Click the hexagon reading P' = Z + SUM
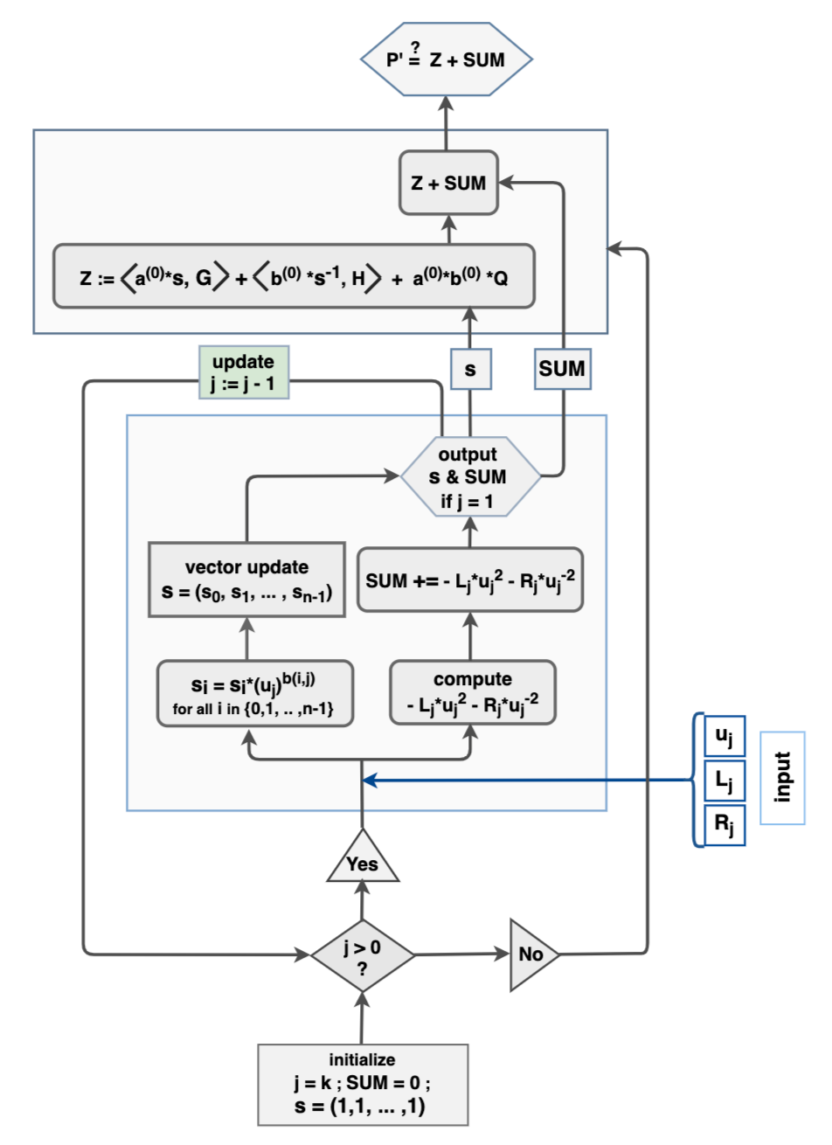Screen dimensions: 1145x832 pos(446,59)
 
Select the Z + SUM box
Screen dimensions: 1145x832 pos(448,183)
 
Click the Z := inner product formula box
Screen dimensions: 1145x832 pos(294,277)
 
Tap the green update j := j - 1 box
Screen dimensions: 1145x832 pos(243,371)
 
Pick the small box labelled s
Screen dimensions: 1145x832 pos(470,369)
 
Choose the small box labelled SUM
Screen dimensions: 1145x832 pos(561,369)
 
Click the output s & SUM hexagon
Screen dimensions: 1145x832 pos(469,477)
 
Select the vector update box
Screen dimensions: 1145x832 pos(246,579)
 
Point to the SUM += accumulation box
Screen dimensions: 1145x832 pos(469,579)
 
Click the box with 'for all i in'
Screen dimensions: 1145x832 pos(255,693)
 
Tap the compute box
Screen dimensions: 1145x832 pos(472,693)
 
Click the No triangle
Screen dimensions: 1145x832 pos(530,954)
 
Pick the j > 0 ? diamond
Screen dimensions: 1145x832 pos(363,954)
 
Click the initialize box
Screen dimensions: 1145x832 pos(363,1084)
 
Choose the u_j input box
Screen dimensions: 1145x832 pos(724,736)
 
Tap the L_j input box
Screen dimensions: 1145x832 pos(724,780)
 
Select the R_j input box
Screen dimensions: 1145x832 pos(724,823)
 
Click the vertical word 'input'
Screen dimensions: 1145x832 pos(782,777)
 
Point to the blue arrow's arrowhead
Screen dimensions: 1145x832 pos(369,780)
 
